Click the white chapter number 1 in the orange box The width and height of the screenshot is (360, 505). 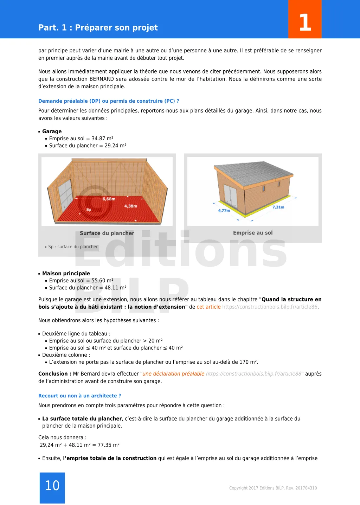(305, 22)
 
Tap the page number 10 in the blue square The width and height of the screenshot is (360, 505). (52, 486)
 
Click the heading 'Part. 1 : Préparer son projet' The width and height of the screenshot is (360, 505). (98, 27)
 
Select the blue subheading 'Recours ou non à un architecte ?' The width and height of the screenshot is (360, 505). (79, 396)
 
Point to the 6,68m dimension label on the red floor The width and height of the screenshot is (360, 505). (109, 199)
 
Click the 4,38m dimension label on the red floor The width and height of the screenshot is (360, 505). (130, 206)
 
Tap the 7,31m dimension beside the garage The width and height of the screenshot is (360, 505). (278, 207)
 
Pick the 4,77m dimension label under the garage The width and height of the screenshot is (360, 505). (224, 211)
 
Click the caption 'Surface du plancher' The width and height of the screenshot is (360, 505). (107, 233)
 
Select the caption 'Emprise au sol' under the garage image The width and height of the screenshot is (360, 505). (253, 233)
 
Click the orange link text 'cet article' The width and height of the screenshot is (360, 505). (208, 307)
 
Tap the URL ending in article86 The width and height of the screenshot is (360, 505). (270, 307)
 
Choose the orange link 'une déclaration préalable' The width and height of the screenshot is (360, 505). (173, 374)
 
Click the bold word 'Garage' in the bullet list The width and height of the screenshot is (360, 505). (52, 131)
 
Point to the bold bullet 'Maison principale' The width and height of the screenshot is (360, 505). (66, 273)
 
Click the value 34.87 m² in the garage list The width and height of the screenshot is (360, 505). (102, 139)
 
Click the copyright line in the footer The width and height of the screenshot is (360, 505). (273, 488)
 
